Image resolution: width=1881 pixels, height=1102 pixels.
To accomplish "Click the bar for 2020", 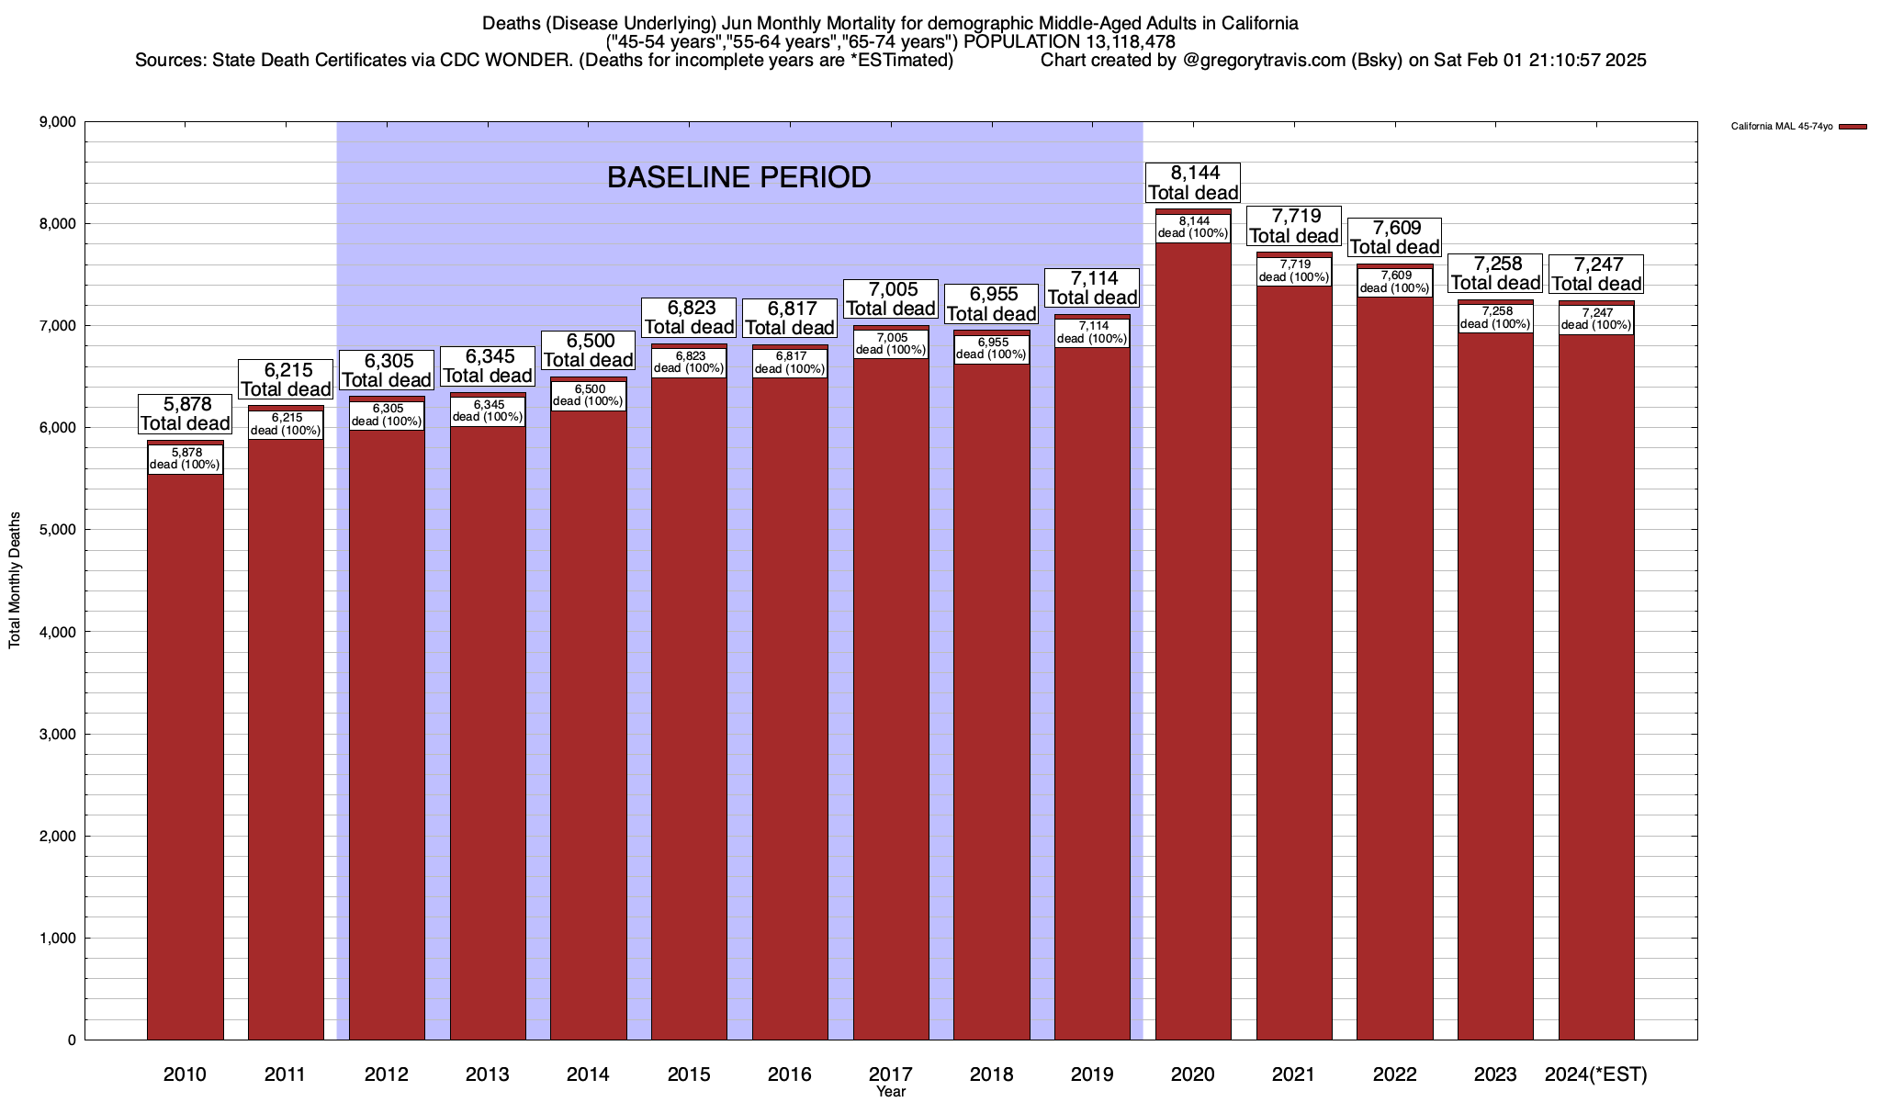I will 1193,643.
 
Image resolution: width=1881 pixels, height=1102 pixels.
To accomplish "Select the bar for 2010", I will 185,753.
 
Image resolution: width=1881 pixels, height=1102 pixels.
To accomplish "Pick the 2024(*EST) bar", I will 1596,689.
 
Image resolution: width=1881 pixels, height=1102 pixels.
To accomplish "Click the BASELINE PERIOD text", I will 738,177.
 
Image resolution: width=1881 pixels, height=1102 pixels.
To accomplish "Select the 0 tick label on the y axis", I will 71,1040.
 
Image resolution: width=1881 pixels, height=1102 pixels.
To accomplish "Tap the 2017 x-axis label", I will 890,1074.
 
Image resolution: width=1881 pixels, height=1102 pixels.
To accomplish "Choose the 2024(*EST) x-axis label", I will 1596,1074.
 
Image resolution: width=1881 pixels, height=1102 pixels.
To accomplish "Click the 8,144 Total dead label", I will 1193,183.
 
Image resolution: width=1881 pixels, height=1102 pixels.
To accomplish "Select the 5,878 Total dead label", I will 185,413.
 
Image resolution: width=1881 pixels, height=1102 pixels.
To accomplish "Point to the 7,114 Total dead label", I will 1092,287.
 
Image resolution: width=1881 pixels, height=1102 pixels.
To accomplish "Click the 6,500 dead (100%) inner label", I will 588,395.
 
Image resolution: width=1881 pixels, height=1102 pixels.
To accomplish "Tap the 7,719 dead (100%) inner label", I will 1293,271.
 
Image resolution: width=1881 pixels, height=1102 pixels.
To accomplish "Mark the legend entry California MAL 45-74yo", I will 1781,127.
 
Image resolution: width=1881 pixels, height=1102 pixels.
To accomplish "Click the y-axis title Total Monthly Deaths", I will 15,580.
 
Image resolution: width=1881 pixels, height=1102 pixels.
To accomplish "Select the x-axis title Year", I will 890,1092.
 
